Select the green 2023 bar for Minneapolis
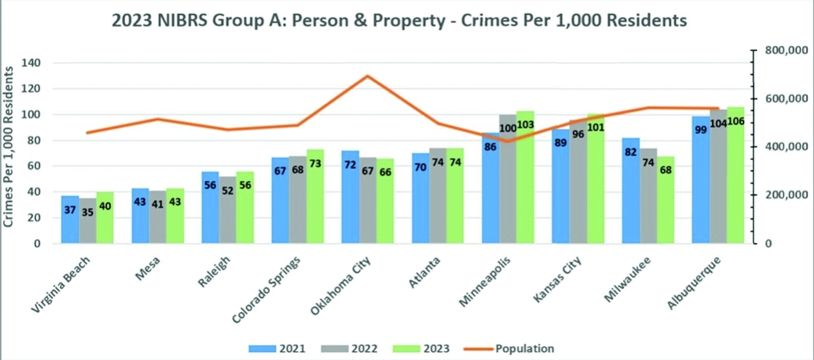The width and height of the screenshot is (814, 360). [x=525, y=179]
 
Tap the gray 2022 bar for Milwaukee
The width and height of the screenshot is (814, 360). [x=648, y=197]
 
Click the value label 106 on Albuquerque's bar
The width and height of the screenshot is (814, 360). [x=736, y=121]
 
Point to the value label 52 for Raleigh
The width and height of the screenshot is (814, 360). [x=228, y=190]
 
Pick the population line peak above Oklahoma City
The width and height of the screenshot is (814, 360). [x=367, y=76]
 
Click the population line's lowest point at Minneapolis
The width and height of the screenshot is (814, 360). [x=507, y=141]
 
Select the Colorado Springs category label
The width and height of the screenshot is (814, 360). [x=267, y=290]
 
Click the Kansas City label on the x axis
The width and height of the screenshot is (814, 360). [x=558, y=279]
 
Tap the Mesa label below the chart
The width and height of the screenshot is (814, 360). [x=148, y=268]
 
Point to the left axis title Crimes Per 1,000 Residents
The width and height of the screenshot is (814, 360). [x=9, y=146]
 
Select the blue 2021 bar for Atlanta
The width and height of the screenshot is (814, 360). [x=420, y=199]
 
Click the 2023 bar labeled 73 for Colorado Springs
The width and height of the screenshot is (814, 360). [x=315, y=197]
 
